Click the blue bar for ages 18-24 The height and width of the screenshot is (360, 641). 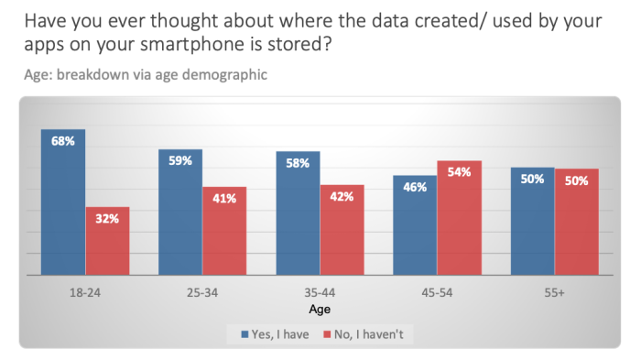click(63, 202)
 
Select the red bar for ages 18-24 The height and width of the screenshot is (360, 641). click(108, 240)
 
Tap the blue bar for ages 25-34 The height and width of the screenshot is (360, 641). click(180, 212)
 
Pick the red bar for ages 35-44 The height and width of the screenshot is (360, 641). click(342, 229)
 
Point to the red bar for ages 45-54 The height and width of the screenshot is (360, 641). click(460, 217)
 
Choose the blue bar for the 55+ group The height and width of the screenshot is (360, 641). click(533, 221)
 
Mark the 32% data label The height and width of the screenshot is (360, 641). click(108, 219)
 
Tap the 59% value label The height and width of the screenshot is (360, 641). click(180, 161)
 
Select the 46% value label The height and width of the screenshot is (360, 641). click(415, 187)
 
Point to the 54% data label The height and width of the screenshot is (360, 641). click(460, 172)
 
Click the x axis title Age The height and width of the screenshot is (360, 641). click(320, 310)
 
